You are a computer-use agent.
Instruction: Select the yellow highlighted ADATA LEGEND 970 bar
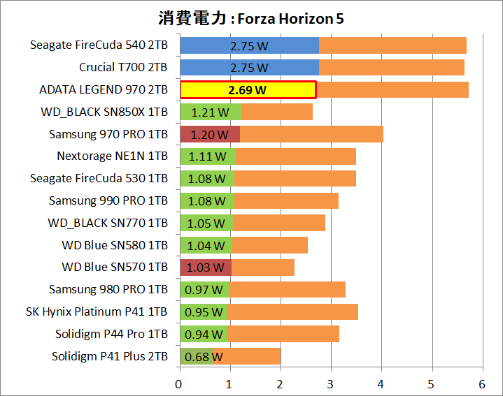pos(248,90)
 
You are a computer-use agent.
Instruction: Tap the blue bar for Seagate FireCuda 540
pos(249,45)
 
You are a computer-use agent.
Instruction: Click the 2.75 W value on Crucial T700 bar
pos(249,68)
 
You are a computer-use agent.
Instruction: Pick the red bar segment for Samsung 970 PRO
pos(210,134)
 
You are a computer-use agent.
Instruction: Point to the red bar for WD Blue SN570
pos(206,267)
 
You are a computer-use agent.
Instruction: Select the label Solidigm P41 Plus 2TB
pos(109,356)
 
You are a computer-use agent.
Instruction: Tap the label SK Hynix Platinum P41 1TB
pos(97,311)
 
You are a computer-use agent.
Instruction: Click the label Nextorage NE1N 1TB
pos(112,156)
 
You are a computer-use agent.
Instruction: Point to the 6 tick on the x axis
pos(482,383)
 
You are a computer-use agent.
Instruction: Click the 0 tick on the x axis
pos(179,383)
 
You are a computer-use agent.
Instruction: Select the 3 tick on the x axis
pos(331,383)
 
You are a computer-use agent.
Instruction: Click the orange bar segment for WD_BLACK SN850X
pos(277,112)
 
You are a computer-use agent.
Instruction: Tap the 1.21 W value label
pos(211,112)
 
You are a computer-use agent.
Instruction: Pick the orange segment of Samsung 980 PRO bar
pos(287,290)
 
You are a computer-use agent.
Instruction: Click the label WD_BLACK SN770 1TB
pos(108,223)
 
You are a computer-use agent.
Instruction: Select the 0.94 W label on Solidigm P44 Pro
pos(204,335)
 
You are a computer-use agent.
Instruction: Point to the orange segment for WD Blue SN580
pos(270,245)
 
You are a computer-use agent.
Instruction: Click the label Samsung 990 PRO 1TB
pos(108,200)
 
